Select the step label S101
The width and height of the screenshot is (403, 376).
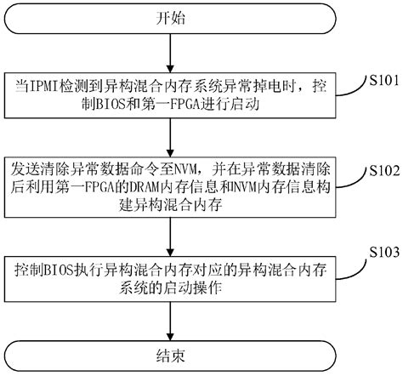(375, 82)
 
